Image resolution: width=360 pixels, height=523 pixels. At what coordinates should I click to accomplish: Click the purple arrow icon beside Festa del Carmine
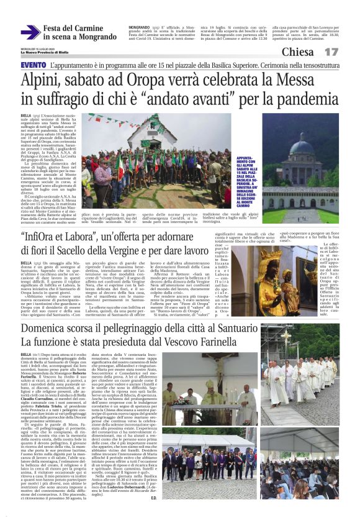(x=30, y=32)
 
